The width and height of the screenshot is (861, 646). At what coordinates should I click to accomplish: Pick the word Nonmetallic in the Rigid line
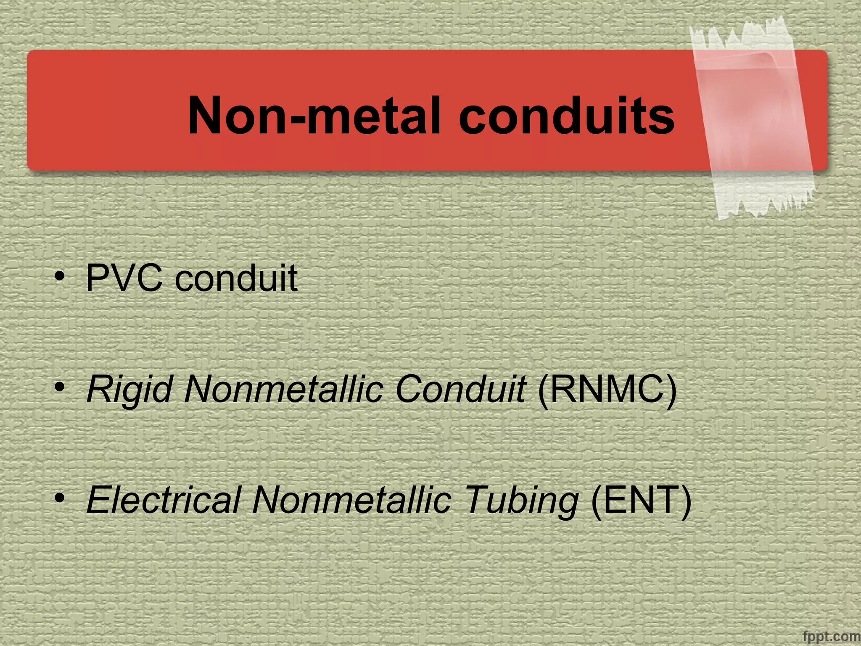pos(284,389)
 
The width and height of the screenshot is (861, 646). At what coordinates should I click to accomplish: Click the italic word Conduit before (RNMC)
pos(461,389)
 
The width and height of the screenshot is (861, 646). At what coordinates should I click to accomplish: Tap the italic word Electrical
pos(164,500)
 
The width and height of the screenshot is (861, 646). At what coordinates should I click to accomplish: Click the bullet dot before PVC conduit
pos(60,276)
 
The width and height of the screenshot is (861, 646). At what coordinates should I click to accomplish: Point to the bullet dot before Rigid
pos(60,387)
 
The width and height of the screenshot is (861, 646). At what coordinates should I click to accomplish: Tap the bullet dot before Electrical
pos(60,498)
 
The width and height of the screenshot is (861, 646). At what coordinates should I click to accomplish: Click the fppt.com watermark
pos(831,636)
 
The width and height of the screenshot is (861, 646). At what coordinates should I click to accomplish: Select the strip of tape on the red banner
pos(753,118)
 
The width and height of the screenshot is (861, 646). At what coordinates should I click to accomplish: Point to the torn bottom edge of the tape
pos(765,206)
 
